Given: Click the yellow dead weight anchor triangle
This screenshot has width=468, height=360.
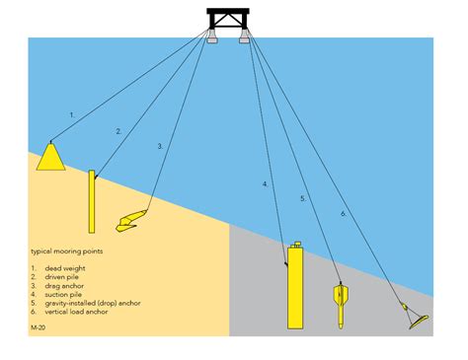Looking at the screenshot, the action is pos(50,158).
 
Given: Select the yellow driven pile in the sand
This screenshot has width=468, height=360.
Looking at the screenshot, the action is pos(92,201).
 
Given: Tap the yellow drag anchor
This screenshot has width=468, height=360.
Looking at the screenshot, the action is pos(131,221).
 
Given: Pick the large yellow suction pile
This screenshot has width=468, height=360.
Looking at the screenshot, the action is pos(295,286).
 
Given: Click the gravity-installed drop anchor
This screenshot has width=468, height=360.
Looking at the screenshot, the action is pos(341,304).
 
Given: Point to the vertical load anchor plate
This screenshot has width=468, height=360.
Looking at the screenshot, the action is pos(419,323).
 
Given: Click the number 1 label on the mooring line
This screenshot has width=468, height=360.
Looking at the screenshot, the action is pos(72,115).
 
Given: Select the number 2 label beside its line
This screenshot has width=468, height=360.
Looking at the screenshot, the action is pos(118,131).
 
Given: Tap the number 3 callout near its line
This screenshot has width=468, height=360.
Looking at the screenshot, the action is pos(160,146).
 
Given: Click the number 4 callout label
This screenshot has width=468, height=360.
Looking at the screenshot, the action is pos(266,184).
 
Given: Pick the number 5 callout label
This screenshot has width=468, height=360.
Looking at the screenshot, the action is pos(303,198).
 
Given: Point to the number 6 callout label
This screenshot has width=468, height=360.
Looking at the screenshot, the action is pos(344,214).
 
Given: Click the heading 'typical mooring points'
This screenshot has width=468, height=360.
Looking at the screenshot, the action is pos(67,252).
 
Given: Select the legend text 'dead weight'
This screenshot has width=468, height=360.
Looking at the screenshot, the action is pos(65,268).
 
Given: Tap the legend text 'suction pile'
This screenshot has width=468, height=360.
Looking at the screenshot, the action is pos(63,294).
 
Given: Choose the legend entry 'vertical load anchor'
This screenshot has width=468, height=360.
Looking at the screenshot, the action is pos(76,312).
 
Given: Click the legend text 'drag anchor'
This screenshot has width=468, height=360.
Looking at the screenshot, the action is pos(64,286).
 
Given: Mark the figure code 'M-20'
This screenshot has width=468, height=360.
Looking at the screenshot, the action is pos(39,327).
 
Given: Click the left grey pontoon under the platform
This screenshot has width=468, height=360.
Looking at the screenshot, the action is pos(212,36).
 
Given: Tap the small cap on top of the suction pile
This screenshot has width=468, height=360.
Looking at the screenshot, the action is pos(297,245).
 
